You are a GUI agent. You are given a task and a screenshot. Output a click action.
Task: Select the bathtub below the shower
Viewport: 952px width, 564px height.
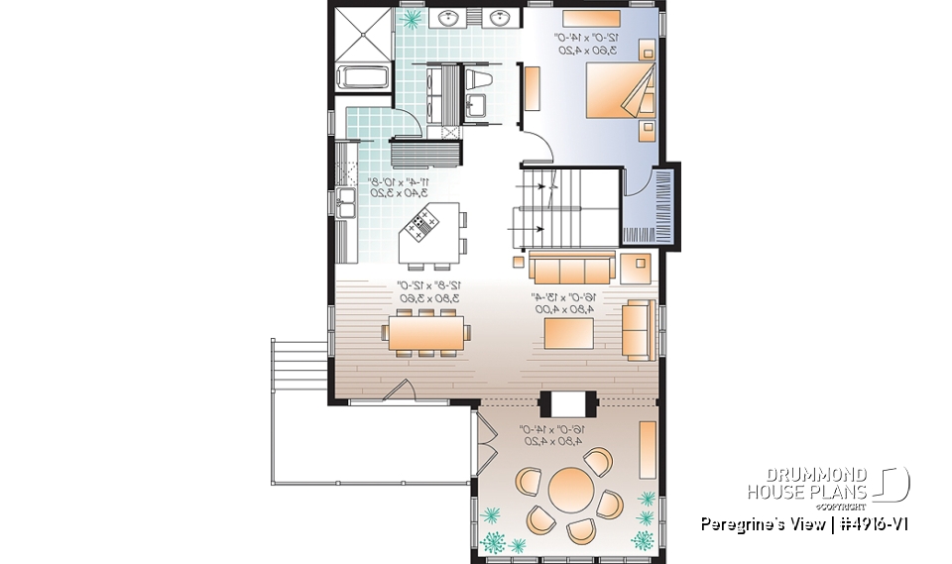[363, 77]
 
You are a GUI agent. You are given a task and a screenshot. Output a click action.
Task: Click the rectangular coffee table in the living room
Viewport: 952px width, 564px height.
[568, 332]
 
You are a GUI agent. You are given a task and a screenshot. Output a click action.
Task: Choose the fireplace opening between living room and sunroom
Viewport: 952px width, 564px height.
[564, 404]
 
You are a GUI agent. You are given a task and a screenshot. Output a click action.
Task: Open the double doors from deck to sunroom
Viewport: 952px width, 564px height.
[485, 442]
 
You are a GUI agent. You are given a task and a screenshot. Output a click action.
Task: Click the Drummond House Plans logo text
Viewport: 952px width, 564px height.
[808, 485]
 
